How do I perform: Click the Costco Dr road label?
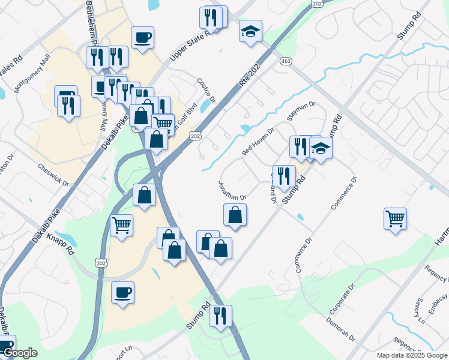tap(206, 91)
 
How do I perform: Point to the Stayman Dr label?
tap(301, 112)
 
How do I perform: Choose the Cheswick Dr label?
tap(53, 175)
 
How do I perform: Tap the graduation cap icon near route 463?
tap(250, 31)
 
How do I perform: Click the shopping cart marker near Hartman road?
tap(395, 218)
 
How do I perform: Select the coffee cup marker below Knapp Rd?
tap(123, 292)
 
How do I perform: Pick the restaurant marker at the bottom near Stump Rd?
tap(220, 315)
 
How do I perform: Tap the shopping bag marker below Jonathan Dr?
tap(235, 214)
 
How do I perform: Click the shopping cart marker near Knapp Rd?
tap(122, 226)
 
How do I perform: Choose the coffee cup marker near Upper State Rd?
tap(142, 37)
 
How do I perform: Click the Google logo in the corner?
tap(19, 353)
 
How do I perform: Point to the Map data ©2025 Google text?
tap(412, 355)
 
